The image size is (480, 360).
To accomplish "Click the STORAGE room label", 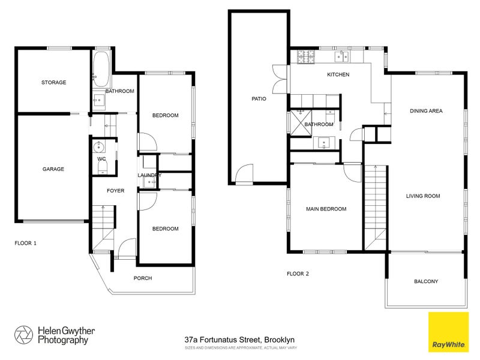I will click(x=53, y=82).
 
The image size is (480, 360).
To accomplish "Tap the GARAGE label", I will click(x=53, y=169).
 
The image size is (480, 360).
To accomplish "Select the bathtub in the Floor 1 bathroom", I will click(x=101, y=68).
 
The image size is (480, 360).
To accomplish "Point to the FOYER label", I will click(x=115, y=191).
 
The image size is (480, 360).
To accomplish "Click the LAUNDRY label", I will click(x=149, y=175).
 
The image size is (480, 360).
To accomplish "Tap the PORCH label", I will click(x=143, y=278).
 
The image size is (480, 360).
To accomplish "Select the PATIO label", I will click(x=259, y=99).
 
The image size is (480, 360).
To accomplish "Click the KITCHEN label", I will click(x=338, y=75).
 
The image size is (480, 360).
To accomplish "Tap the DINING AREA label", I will click(x=426, y=111).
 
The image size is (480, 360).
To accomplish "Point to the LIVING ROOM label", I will click(x=423, y=196).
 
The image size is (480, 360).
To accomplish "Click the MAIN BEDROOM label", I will click(x=326, y=209).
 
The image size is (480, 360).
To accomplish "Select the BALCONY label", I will click(x=426, y=281).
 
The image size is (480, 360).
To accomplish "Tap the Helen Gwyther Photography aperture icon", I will click(x=23, y=334).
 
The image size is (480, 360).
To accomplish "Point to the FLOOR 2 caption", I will click(x=298, y=274).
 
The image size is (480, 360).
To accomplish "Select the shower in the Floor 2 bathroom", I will click(x=297, y=124).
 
